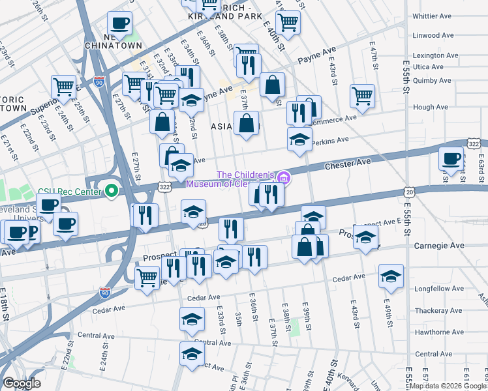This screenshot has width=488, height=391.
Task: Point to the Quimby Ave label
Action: pyautogui.click(x=432, y=81)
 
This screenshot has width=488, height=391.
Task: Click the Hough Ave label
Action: pyautogui.click(x=431, y=107)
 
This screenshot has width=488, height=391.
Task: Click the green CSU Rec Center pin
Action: pyautogui.click(x=112, y=192)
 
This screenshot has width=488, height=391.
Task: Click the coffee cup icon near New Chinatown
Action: pyautogui.click(x=119, y=23)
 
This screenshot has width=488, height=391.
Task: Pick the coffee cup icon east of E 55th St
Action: pyautogui.click(x=451, y=159)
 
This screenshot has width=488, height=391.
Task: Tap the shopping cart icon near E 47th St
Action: pyautogui.click(x=362, y=96)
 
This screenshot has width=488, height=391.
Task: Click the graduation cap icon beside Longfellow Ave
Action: pyautogui.click(x=391, y=276)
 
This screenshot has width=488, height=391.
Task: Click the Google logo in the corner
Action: pyautogui.click(x=22, y=383)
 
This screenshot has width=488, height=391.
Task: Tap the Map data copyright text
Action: pyautogui.click(x=448, y=385)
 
